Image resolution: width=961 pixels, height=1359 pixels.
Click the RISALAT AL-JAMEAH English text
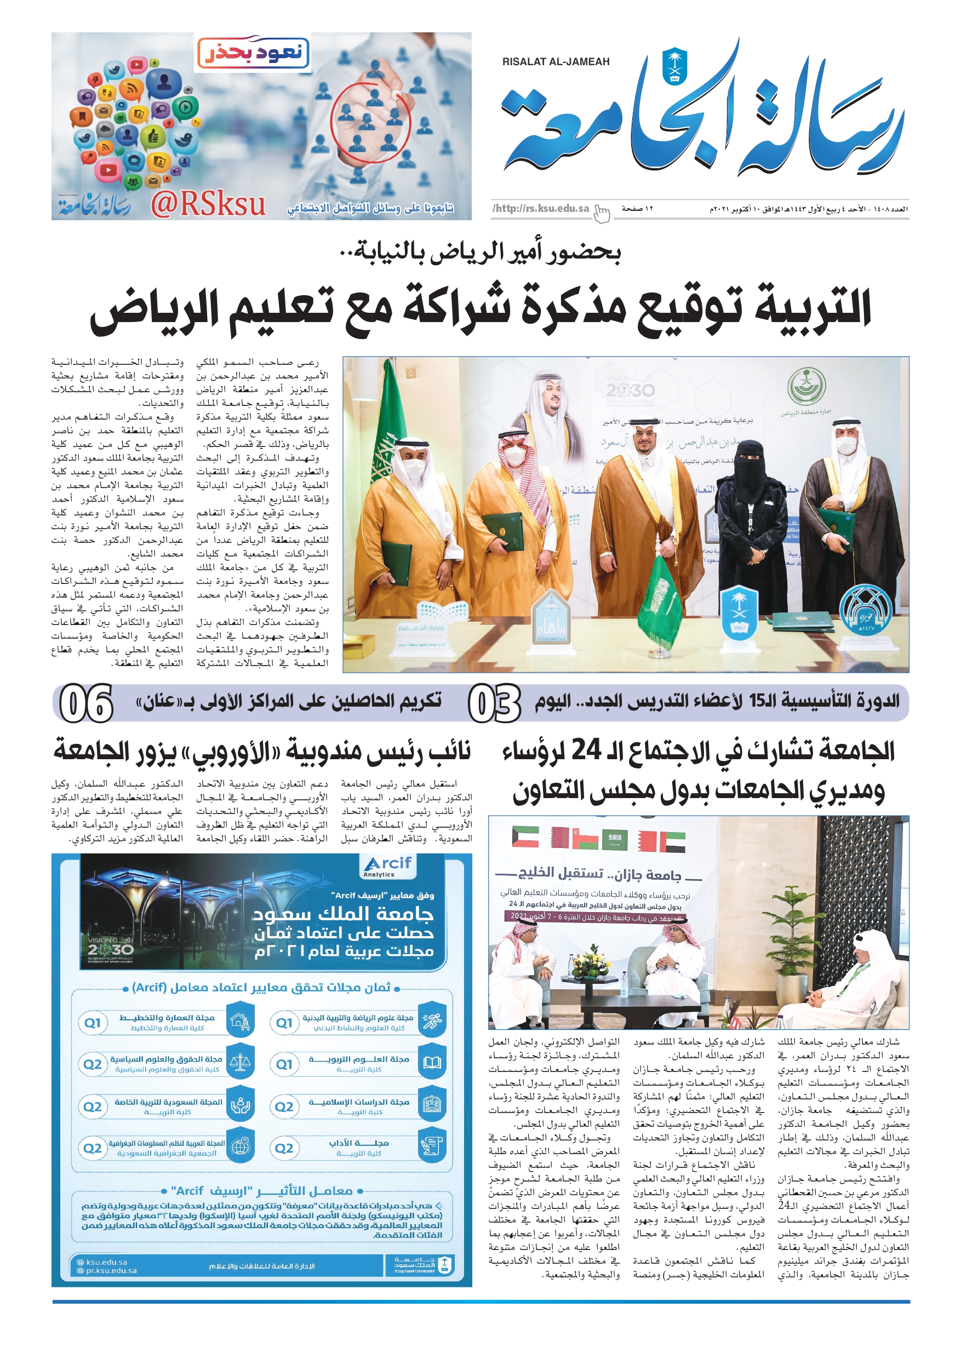tap(556, 61)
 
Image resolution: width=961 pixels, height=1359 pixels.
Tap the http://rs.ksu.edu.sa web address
tap(541, 208)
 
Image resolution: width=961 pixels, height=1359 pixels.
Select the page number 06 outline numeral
tap(87, 703)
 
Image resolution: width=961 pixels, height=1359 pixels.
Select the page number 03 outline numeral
tap(494, 703)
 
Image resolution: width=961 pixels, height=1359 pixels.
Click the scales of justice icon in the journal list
tap(240, 1063)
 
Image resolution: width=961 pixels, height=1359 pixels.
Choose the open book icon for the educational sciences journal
tap(432, 1063)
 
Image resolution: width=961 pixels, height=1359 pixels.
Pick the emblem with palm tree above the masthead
tap(674, 65)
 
